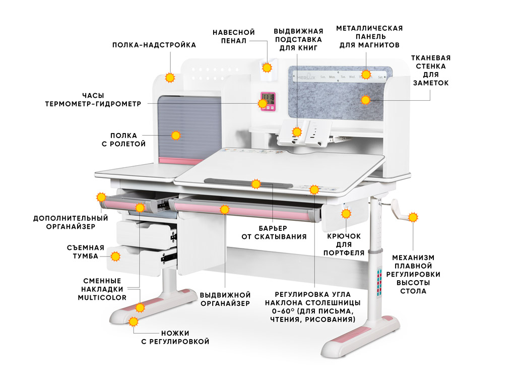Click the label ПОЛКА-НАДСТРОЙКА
tap(154, 45)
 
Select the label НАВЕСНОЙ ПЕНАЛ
tap(233, 36)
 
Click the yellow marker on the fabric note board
tap(365, 100)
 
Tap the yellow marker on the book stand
tap(297, 132)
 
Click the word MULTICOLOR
tap(102, 297)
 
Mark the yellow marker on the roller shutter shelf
tap(175, 135)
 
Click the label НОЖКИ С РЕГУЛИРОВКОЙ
tap(175, 337)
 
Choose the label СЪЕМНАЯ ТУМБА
tap(85, 251)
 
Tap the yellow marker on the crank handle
tap(413, 218)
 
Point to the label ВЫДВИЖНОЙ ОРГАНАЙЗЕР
tap(225, 299)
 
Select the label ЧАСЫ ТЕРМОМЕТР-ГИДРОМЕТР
tap(93, 99)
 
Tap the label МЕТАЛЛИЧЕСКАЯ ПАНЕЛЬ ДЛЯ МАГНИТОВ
tap(369, 36)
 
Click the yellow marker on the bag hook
tap(346, 214)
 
